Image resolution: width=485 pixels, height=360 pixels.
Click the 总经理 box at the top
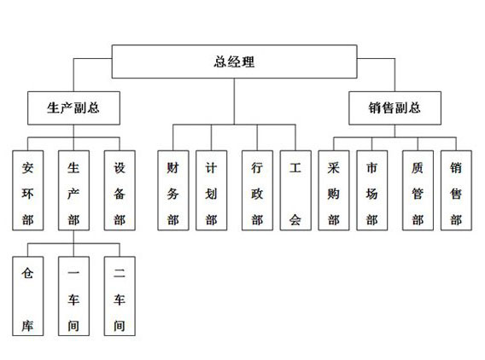coord(234,61)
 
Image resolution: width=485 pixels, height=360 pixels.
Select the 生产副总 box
coord(73,107)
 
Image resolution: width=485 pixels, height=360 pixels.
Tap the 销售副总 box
coord(394,107)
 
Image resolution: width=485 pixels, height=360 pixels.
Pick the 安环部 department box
coord(28,190)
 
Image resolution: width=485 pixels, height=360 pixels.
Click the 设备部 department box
coord(120,190)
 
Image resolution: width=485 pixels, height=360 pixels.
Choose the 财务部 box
coord(172,190)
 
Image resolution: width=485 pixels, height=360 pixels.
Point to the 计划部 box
coord(211,190)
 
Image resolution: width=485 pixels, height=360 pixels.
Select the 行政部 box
coord(257,190)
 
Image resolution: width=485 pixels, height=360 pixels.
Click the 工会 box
coord(295,190)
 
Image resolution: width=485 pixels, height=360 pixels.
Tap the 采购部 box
coord(334,190)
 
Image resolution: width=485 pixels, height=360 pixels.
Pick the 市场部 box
coord(371,190)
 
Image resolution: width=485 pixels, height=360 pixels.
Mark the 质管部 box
coord(418,190)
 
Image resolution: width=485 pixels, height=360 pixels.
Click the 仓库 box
coord(28,296)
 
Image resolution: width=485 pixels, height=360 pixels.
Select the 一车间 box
coord(73,296)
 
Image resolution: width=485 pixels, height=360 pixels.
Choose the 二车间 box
coord(120,296)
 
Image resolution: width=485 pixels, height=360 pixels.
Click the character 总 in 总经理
coord(219,61)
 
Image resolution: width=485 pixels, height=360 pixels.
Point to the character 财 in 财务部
coord(172,168)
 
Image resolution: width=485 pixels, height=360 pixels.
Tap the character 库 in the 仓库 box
coord(27,326)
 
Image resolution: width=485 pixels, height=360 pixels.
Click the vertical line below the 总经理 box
coord(234,102)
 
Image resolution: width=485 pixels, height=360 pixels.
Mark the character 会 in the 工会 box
coord(295,220)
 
